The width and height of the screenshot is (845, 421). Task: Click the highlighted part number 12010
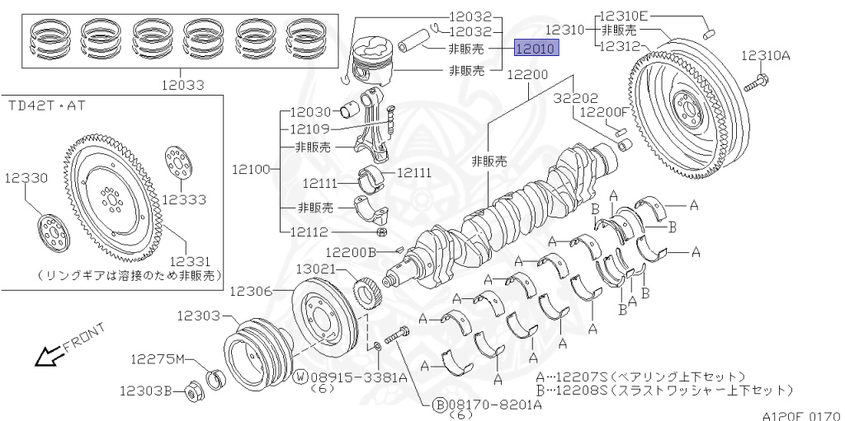pyautogui.click(x=536, y=49)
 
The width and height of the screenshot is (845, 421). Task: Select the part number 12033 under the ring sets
pyautogui.click(x=183, y=84)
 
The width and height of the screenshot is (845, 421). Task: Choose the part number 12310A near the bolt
pyautogui.click(x=765, y=56)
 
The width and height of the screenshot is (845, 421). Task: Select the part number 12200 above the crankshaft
pyautogui.click(x=527, y=74)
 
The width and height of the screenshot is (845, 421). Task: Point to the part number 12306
pyautogui.click(x=251, y=290)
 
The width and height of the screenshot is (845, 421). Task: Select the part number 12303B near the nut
pyautogui.click(x=145, y=391)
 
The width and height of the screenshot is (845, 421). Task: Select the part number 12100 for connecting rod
pyautogui.click(x=251, y=170)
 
